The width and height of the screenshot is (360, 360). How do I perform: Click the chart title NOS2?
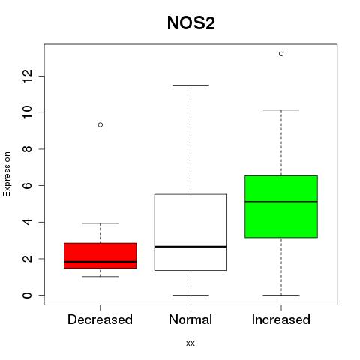point(191,23)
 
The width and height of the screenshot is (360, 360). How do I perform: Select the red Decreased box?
point(100,256)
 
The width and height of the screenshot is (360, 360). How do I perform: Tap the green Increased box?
point(281,207)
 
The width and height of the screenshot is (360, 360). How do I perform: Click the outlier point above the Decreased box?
point(100,124)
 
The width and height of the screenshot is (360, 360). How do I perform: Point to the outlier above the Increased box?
point(281,54)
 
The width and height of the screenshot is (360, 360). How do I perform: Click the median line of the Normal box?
point(190,247)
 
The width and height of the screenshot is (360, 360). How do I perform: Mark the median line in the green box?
point(281,202)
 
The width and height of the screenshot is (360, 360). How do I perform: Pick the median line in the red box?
point(100,262)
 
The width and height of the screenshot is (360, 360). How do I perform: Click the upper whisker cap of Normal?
point(190,85)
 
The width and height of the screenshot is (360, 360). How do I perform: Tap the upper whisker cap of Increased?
point(281,109)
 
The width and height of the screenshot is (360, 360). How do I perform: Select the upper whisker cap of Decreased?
point(100,223)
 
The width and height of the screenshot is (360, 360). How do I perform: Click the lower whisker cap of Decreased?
point(100,277)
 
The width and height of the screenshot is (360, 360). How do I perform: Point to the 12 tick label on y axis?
point(28,76)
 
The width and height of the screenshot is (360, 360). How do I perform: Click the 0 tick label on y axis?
point(28,295)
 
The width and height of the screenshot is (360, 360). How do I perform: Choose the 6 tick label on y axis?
point(28,185)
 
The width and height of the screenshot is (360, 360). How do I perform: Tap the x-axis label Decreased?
point(100,319)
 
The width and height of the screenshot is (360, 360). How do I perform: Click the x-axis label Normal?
point(190,319)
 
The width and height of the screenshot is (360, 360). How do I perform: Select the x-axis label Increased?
point(281,319)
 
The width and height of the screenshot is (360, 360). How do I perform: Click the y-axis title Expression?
point(7,174)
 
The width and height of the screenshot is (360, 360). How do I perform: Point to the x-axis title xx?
point(190,343)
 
